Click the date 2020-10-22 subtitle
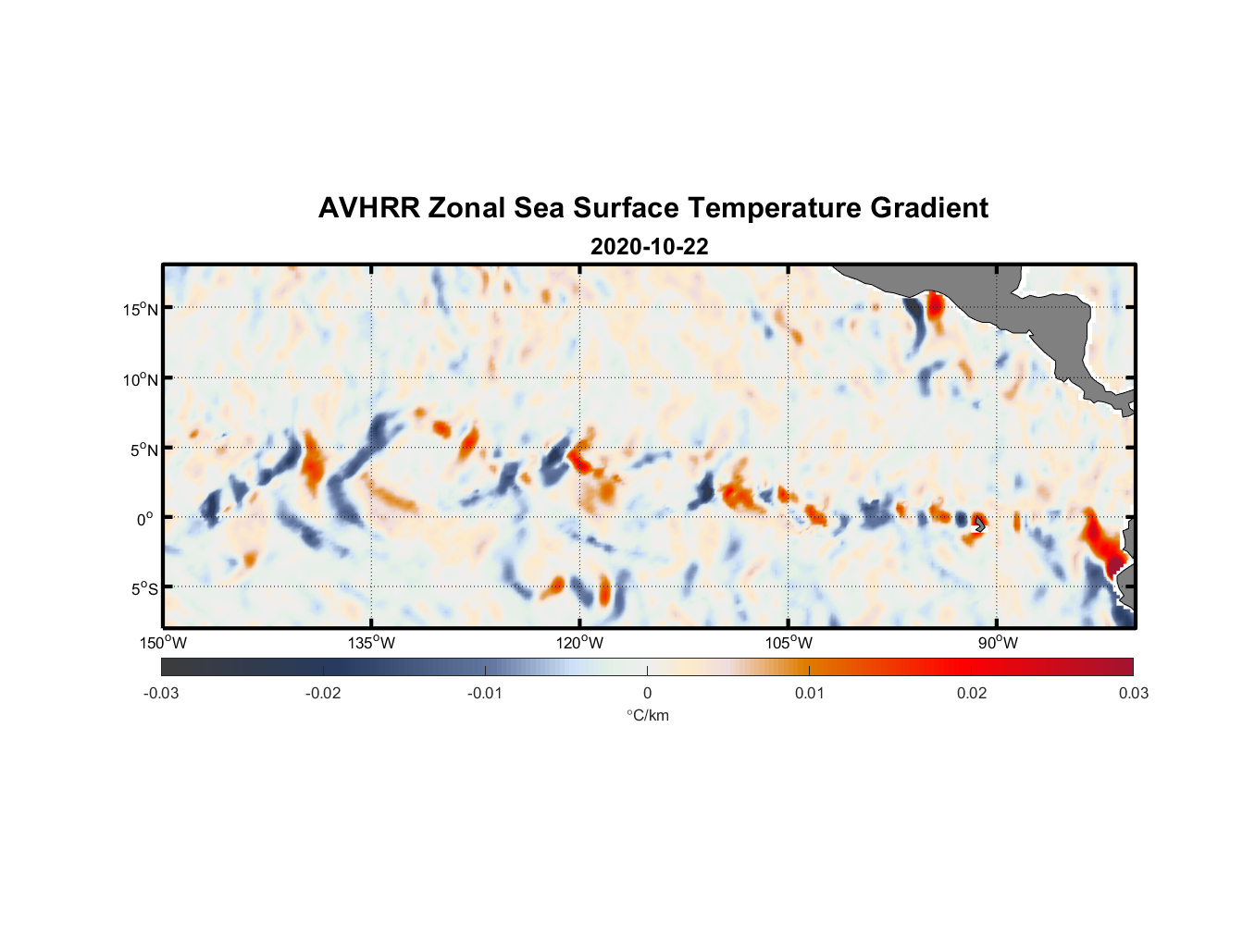coord(649,247)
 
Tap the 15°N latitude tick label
coord(141,309)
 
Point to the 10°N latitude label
coord(141,379)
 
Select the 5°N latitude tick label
coord(143,450)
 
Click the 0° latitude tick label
coord(145,519)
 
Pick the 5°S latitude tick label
coord(143,589)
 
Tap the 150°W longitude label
coord(163,643)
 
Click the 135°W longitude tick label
coord(371,643)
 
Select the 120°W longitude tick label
coord(579,643)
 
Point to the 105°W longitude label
coord(789,643)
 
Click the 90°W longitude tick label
coord(998,643)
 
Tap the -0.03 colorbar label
coord(161,693)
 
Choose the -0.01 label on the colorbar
coord(485,693)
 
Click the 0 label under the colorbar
coord(647,693)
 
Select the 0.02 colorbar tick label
coord(972,693)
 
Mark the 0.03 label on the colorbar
coord(1133,693)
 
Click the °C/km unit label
coord(647,715)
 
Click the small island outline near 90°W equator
coord(980,524)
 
